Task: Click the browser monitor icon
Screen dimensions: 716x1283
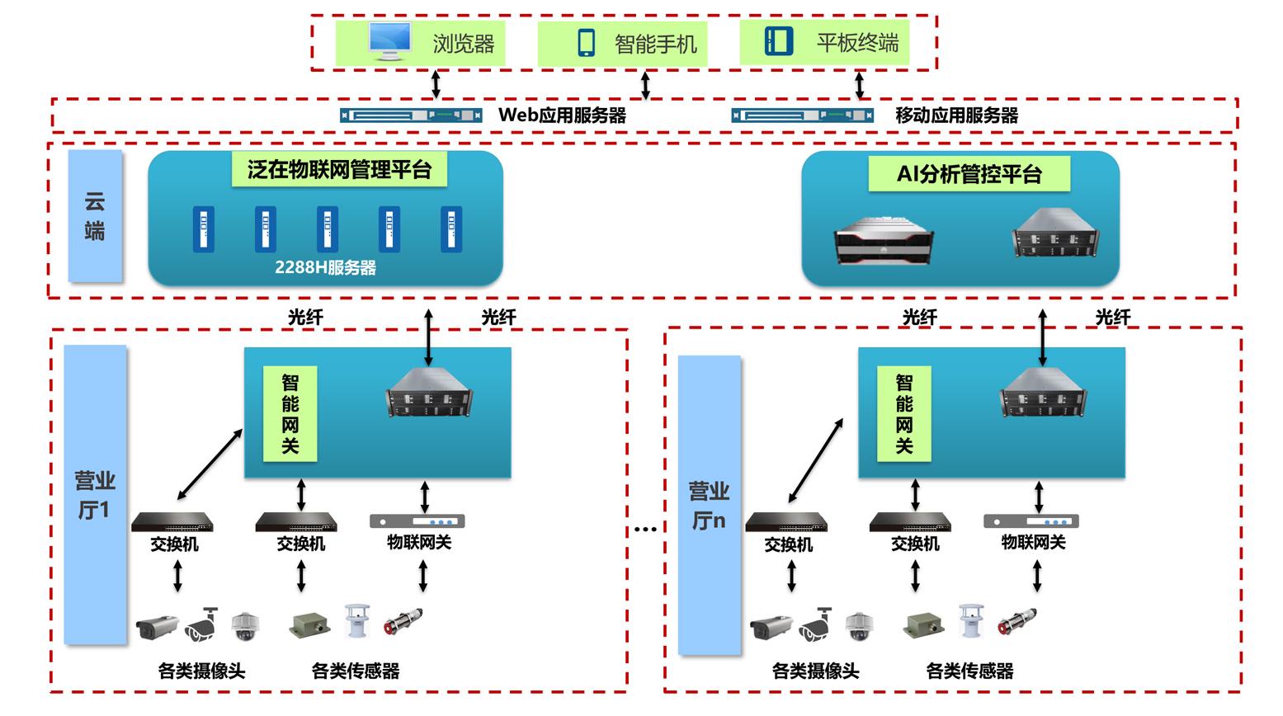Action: (x=390, y=42)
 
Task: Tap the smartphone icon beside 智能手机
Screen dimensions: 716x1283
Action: (x=586, y=43)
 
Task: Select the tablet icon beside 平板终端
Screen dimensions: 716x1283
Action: (x=778, y=41)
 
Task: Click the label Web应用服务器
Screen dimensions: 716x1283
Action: (x=562, y=115)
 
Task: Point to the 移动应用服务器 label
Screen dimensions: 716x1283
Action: (x=956, y=115)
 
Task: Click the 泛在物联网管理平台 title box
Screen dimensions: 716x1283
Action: (x=339, y=170)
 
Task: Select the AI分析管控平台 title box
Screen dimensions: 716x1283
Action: (x=969, y=174)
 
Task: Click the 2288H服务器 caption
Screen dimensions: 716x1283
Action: (x=325, y=268)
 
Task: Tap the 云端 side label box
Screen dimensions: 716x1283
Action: (x=95, y=216)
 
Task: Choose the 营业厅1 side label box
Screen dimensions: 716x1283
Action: (x=95, y=495)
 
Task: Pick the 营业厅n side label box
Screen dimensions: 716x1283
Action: (x=709, y=506)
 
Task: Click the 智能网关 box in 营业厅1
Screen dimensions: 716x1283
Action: (x=290, y=414)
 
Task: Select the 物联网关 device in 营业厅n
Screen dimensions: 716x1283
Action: (x=1031, y=521)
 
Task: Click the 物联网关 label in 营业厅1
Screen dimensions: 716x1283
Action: (x=419, y=542)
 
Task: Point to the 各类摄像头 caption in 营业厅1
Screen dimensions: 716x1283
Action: (x=201, y=671)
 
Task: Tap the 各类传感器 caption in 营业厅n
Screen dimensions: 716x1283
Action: (x=969, y=671)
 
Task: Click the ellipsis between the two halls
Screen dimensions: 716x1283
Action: (x=645, y=529)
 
